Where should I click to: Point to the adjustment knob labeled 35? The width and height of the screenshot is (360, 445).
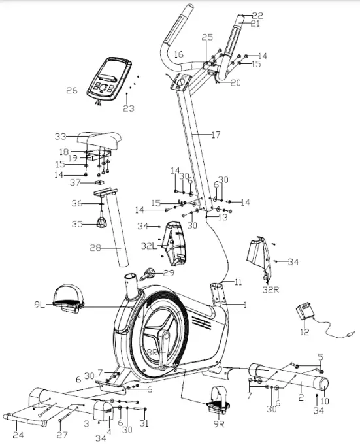(102, 223)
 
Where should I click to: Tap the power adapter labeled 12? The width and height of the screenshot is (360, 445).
(304, 312)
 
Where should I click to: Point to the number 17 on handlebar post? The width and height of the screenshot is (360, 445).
(216, 135)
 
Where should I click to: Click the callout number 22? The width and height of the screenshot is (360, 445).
(257, 15)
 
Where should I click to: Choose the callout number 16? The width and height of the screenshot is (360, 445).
(178, 54)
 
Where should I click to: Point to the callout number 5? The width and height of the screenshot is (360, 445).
(320, 357)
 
